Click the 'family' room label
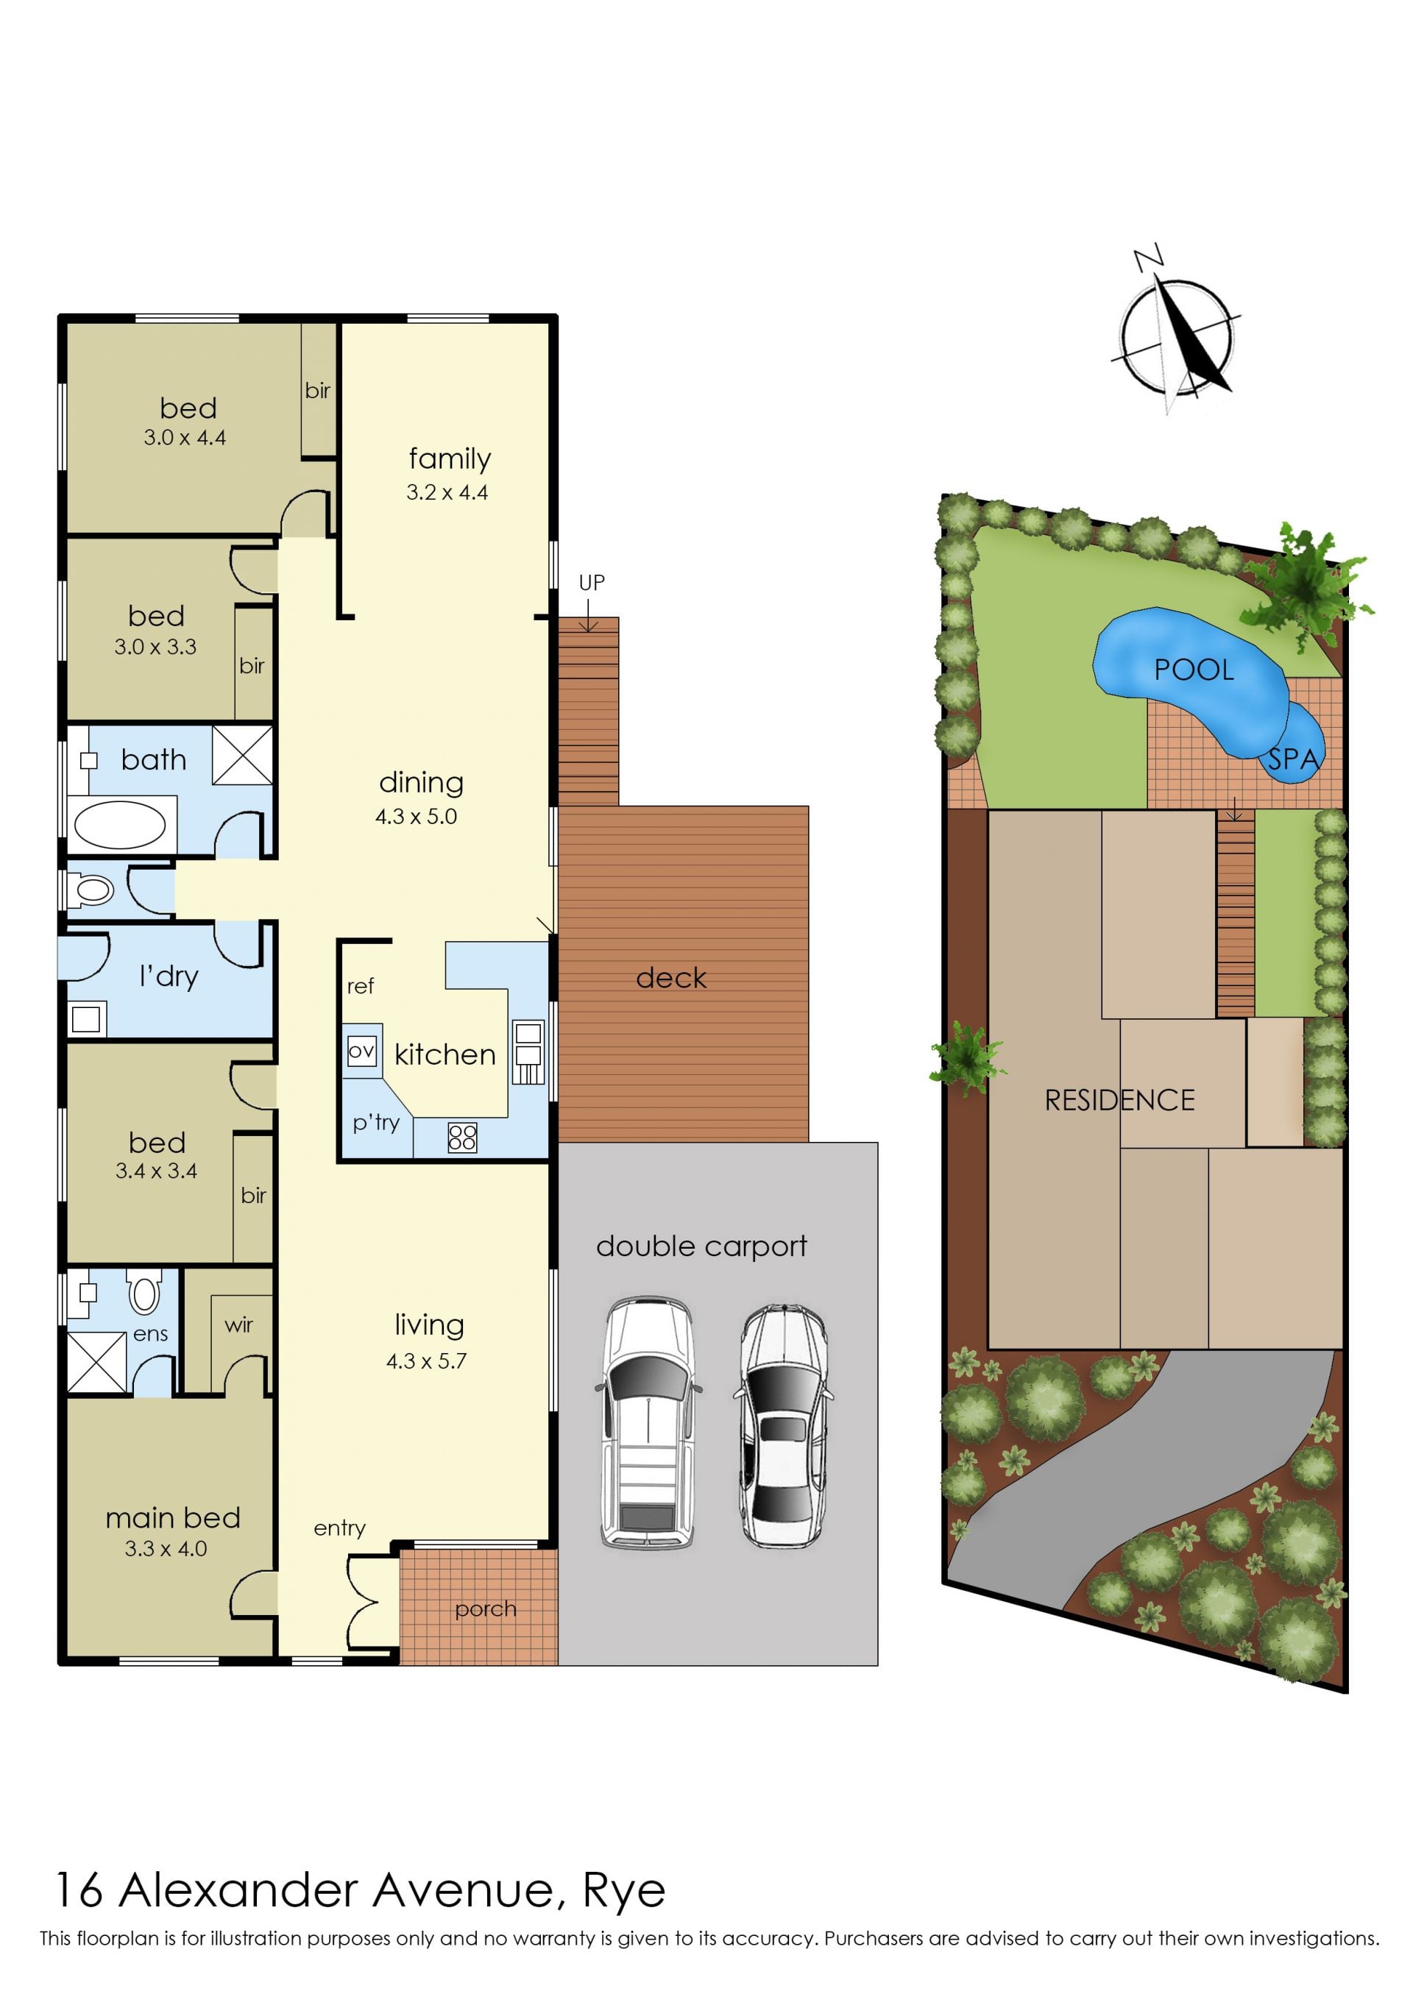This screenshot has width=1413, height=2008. [x=450, y=459]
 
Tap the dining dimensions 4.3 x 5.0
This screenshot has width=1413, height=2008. [x=417, y=817]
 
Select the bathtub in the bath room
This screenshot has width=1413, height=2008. [x=120, y=825]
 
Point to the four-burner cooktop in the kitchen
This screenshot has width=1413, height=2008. [x=462, y=1137]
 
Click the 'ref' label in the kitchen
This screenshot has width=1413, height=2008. [x=361, y=987]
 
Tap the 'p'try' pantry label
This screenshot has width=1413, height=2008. [x=376, y=1122]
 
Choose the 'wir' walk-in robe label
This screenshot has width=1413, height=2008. [x=239, y=1325]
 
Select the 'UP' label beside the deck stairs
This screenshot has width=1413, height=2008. [x=592, y=583]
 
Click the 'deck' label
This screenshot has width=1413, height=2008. [x=671, y=978]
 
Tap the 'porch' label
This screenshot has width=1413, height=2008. [x=486, y=1610]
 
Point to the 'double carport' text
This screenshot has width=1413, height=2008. [x=701, y=1247]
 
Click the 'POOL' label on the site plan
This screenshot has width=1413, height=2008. [x=1194, y=670]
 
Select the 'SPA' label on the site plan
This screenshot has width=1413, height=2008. [x=1293, y=759]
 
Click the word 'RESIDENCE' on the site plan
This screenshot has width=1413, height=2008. [x=1120, y=1100]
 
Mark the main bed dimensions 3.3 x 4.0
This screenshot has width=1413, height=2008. [x=166, y=1549]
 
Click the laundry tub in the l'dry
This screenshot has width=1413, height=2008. [x=86, y=1020]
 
